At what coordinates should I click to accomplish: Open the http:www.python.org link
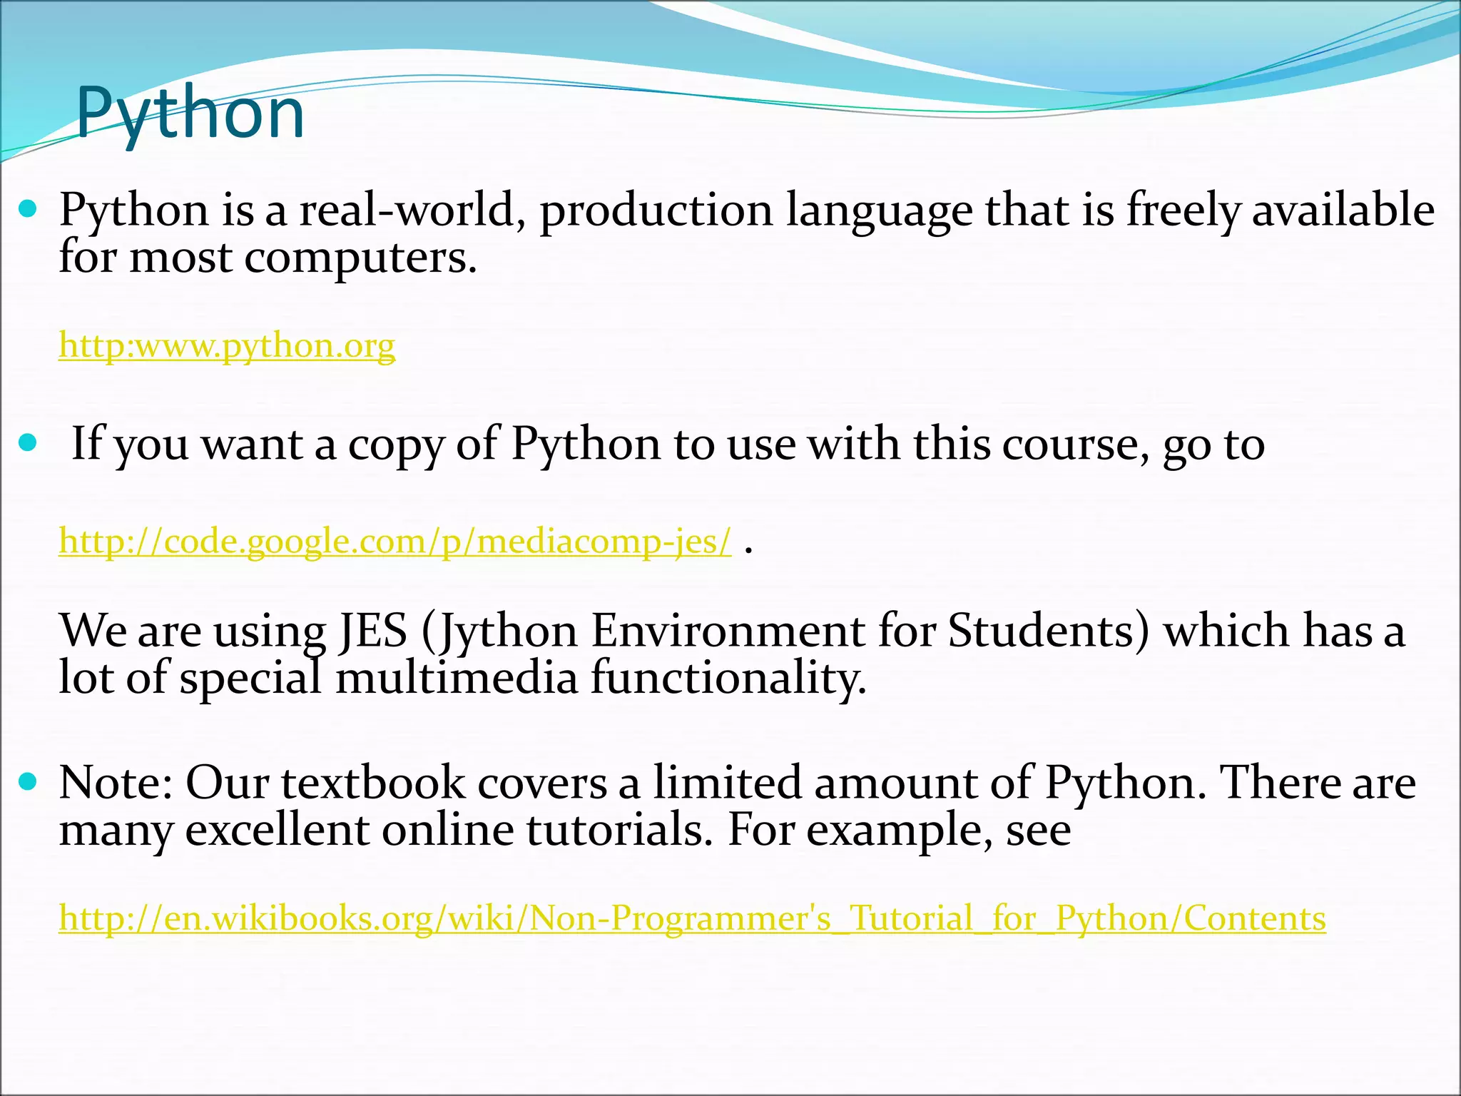pos(227,346)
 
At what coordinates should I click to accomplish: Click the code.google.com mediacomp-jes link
pos(395,542)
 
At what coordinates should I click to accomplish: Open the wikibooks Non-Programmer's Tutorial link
pos(692,918)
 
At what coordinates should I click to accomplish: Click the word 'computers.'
pos(360,258)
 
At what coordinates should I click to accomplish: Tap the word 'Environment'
pos(728,631)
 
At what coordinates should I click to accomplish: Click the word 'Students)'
pos(1049,631)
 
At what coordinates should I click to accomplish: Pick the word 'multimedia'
pos(457,678)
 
